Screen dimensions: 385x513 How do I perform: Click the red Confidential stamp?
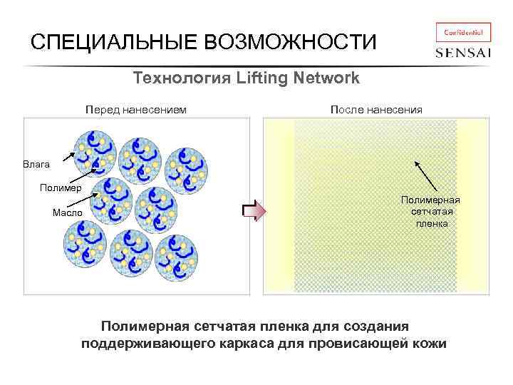[x=462, y=33]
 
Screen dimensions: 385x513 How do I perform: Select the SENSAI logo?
[x=463, y=53]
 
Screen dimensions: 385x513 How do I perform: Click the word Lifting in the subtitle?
[x=264, y=78]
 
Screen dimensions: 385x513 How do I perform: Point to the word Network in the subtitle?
[x=326, y=78]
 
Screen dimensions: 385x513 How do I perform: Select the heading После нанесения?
[x=376, y=110]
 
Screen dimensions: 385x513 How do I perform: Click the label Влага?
[x=36, y=165]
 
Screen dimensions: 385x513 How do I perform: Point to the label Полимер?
[x=61, y=188]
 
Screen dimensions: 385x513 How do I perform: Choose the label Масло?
[x=68, y=213]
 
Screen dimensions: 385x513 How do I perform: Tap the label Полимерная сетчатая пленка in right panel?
[x=431, y=212]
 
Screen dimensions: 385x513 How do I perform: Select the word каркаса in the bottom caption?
[x=266, y=344]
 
